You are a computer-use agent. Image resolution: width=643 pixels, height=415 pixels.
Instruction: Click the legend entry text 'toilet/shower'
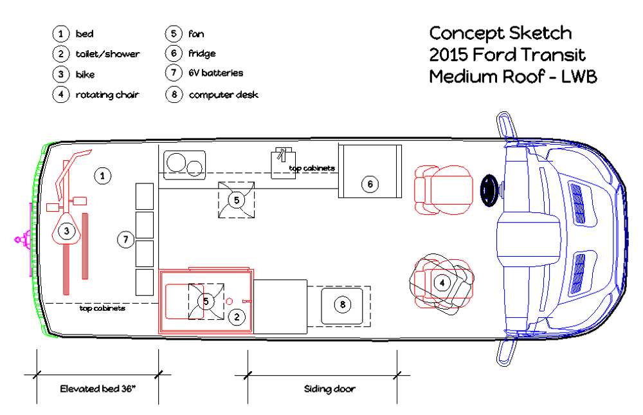click(107, 54)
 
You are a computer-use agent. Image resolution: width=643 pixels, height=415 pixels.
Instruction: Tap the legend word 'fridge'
click(202, 53)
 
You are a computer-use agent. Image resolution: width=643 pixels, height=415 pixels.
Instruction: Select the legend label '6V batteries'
click(215, 73)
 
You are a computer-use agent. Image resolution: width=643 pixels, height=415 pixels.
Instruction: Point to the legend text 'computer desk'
click(224, 95)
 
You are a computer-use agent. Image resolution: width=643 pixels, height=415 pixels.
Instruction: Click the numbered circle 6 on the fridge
click(370, 184)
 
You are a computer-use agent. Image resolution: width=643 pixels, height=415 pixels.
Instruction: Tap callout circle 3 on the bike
click(66, 231)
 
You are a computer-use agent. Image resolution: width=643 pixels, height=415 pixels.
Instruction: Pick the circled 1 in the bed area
click(102, 176)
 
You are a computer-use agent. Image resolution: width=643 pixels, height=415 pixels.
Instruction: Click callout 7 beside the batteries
click(126, 239)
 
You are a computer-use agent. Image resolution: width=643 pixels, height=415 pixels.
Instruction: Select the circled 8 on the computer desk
click(343, 304)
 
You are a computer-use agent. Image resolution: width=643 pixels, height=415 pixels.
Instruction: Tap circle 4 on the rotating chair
click(442, 283)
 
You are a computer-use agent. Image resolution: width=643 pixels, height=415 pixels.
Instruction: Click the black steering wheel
click(489, 190)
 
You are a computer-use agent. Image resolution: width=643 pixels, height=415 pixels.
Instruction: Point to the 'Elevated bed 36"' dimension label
click(98, 389)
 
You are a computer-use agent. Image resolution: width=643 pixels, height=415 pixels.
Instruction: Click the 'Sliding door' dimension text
click(329, 389)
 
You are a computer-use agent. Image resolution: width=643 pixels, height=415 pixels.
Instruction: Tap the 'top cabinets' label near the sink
click(312, 168)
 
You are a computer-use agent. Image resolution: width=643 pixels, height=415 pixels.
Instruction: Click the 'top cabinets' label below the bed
click(102, 308)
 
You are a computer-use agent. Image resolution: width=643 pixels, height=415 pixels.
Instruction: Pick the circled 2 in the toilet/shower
click(237, 317)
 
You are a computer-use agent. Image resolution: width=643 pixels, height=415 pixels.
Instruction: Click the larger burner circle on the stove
click(176, 163)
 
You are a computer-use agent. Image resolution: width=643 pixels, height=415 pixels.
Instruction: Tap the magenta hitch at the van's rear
click(23, 239)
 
